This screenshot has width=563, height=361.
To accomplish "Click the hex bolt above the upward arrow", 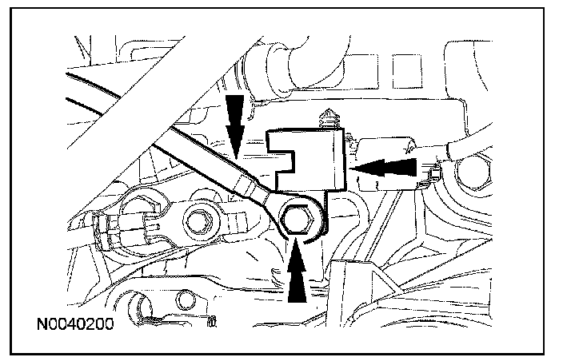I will [300, 218].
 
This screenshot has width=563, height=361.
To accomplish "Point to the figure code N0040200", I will [74, 326].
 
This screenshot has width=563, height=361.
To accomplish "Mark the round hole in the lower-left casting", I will [186, 300].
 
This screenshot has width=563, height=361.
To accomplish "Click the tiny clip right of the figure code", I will [211, 322].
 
